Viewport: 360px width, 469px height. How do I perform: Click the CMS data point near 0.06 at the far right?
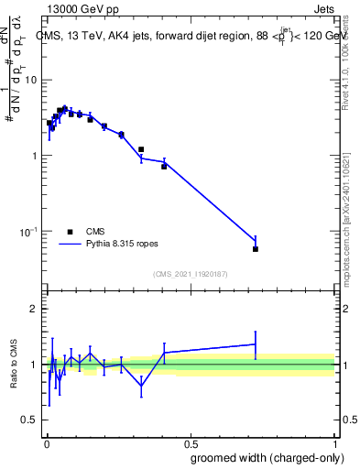click(256, 249)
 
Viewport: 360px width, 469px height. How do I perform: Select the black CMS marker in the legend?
click(70, 233)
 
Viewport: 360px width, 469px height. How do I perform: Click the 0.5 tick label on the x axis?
click(191, 442)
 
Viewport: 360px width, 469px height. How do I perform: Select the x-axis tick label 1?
click(334, 442)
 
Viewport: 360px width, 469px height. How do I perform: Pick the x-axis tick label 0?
click(46, 442)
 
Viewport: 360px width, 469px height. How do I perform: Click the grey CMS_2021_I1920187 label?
click(191, 274)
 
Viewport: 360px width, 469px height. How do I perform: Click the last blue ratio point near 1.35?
click(256, 344)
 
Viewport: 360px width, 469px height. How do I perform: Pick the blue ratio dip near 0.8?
click(141, 386)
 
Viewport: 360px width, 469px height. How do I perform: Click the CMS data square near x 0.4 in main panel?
click(164, 166)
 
